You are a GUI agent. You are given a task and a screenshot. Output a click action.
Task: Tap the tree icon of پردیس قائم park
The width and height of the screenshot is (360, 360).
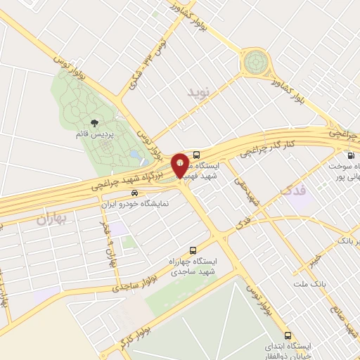(x=95, y=124)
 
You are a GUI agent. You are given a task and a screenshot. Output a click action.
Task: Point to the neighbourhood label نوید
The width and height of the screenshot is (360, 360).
(x=199, y=91)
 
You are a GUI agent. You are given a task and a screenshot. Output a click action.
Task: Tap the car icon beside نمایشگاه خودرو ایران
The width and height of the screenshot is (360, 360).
(x=124, y=193)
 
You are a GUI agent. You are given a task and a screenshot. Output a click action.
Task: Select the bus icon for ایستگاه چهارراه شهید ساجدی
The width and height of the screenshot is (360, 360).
(x=194, y=250)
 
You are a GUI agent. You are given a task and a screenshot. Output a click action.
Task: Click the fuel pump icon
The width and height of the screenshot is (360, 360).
(x=350, y=156)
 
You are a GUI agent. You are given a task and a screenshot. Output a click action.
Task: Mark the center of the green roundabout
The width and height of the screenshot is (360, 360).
(x=255, y=63)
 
